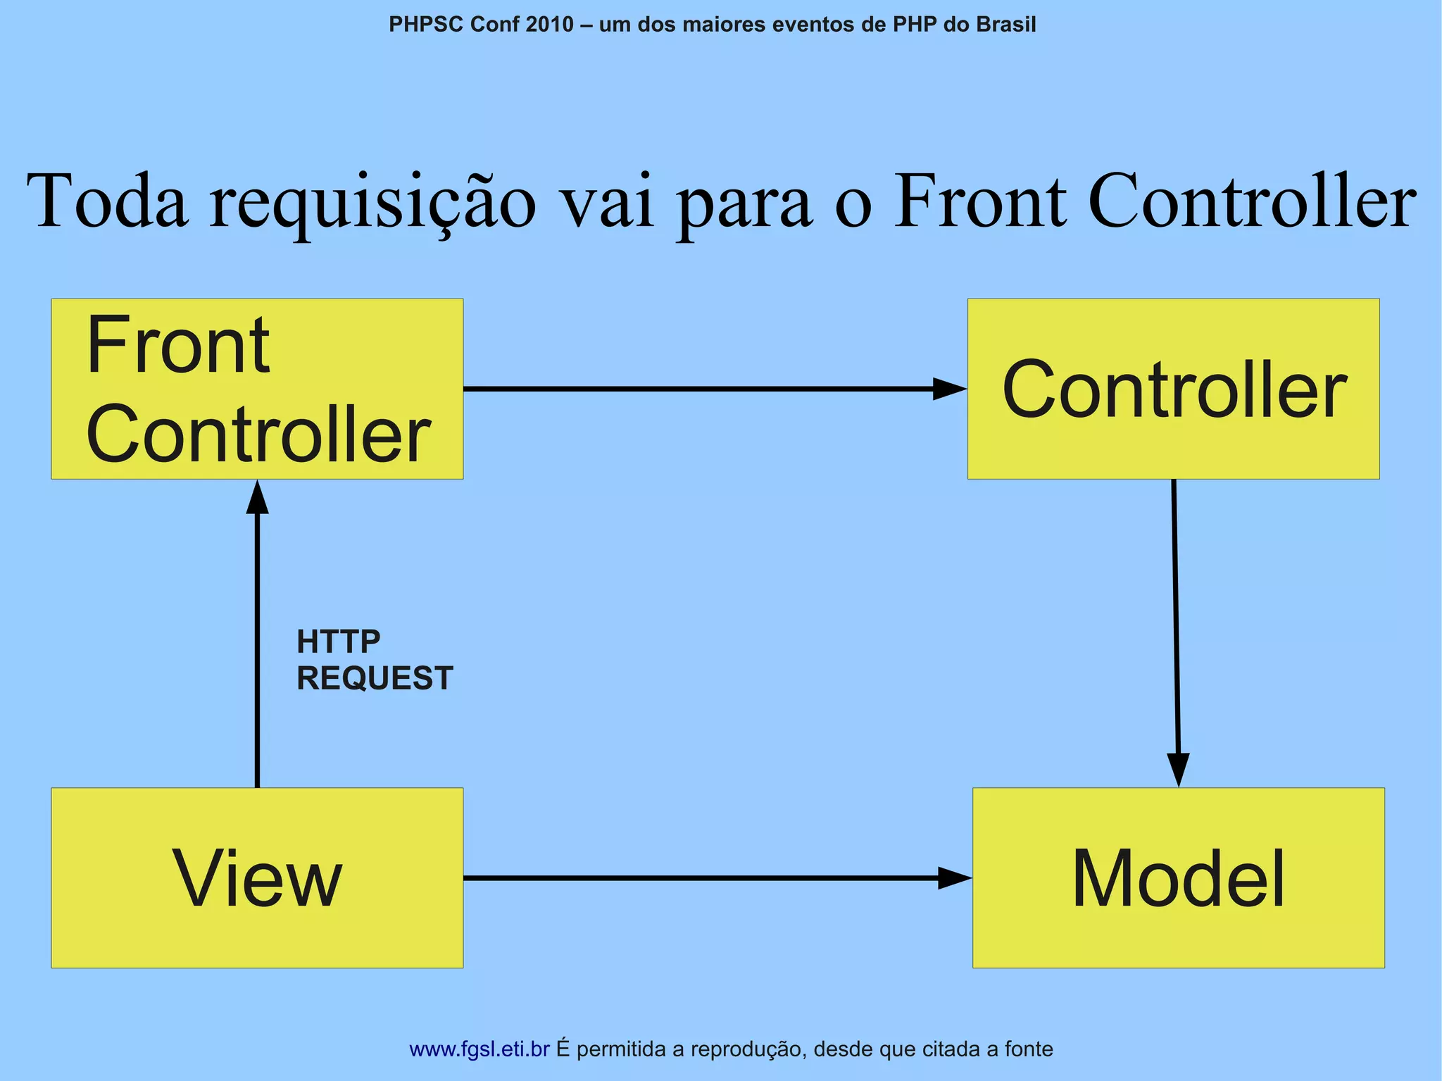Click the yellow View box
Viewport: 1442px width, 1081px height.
pyautogui.click(x=257, y=877)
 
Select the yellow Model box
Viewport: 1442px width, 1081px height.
pyautogui.click(x=1178, y=877)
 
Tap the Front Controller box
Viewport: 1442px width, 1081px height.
pyautogui.click(x=257, y=389)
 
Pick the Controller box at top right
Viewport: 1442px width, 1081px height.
pyautogui.click(x=1173, y=389)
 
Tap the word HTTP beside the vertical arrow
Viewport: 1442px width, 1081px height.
pyautogui.click(x=339, y=642)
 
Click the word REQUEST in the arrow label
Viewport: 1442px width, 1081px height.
pyautogui.click(x=375, y=678)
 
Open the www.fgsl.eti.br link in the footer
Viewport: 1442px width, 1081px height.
pyautogui.click(x=479, y=1049)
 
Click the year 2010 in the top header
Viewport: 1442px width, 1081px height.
pyautogui.click(x=549, y=25)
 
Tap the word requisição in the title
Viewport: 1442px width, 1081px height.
pyautogui.click(x=372, y=202)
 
